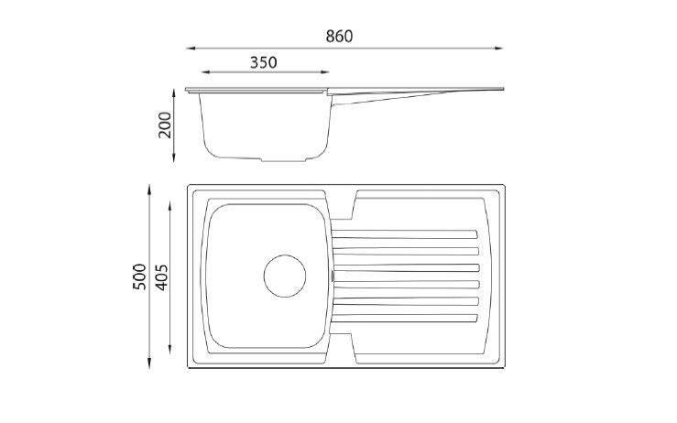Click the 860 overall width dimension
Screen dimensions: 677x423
tap(339, 37)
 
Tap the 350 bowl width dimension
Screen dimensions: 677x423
tap(263, 62)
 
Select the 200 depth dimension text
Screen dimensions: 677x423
tap(165, 125)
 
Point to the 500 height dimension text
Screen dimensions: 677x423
tap(139, 277)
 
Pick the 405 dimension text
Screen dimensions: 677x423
tap(160, 277)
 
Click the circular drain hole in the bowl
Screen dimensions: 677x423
tap(285, 276)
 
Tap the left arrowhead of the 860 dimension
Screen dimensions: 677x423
tap(191, 48)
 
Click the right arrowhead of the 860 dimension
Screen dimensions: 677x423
tap(498, 48)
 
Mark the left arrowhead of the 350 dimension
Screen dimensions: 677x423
tap(206, 72)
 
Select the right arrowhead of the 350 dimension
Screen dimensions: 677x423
tap(324, 72)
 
